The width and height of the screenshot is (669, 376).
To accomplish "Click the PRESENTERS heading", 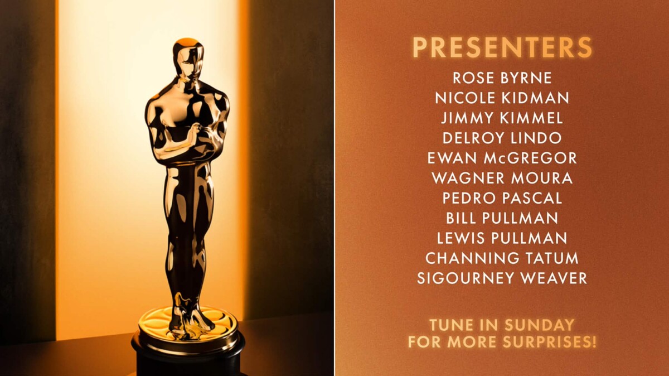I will [x=502, y=49].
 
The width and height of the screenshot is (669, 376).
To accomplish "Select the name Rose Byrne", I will [x=502, y=78].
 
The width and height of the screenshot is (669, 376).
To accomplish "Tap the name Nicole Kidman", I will [x=502, y=98].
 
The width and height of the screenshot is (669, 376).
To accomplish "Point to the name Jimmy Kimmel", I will [x=502, y=118].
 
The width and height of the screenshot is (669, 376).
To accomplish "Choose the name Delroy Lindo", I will [x=502, y=138].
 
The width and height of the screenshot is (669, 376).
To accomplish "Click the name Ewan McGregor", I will [x=502, y=158].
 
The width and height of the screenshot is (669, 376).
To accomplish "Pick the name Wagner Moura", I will [x=502, y=179].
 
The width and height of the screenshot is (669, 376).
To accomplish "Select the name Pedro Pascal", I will [x=502, y=198].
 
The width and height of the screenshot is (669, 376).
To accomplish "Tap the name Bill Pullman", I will [x=502, y=218].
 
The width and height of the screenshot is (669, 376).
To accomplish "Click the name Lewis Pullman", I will [x=502, y=238].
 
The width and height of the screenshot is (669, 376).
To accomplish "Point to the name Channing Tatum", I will [x=502, y=258].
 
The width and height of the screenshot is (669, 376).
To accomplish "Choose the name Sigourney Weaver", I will [x=502, y=278].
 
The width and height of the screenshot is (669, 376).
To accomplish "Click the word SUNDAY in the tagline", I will [x=540, y=325].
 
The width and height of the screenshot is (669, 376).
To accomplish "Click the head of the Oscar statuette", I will [x=188, y=59].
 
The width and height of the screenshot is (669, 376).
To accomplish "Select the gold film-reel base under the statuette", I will [x=188, y=326].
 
